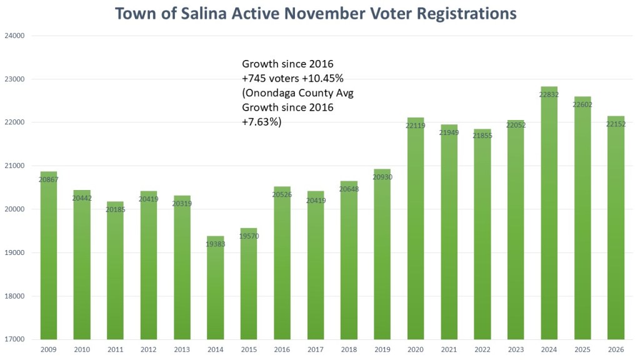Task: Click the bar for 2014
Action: [215, 287]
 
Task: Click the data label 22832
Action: [549, 95]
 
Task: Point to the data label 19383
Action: [215, 244]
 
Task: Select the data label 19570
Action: [249, 236]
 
